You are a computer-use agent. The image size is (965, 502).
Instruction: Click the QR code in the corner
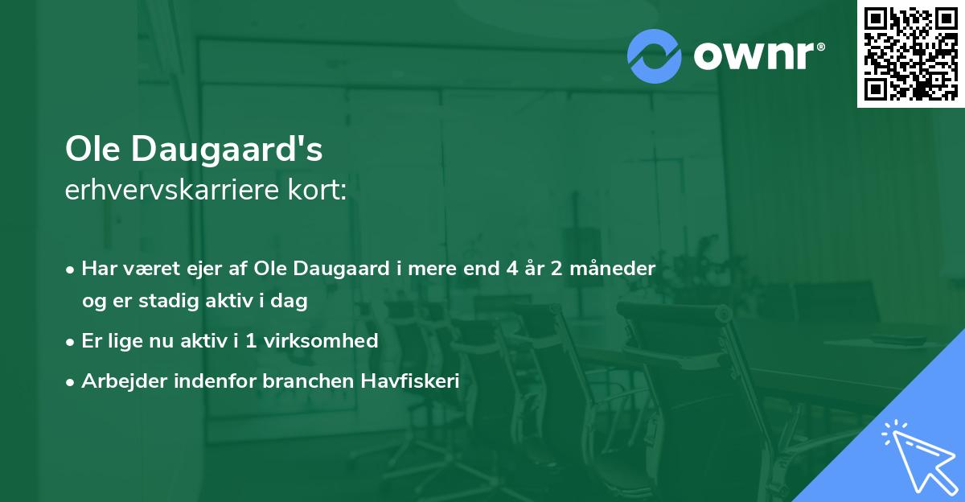pyautogui.click(x=910, y=54)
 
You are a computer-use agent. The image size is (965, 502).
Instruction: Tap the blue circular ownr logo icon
pyautogui.click(x=655, y=56)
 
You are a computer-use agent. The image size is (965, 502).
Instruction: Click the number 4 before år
pyautogui.click(x=512, y=267)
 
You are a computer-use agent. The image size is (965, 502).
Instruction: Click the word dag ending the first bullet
pyautogui.click(x=292, y=301)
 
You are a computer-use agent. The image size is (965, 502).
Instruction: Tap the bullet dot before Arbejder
pyautogui.click(x=72, y=382)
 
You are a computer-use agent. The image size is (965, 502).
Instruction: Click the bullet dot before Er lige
pyautogui.click(x=72, y=341)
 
